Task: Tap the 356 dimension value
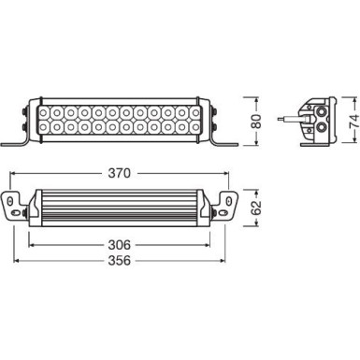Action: pos(121,261)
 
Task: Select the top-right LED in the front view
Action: pos(194,110)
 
